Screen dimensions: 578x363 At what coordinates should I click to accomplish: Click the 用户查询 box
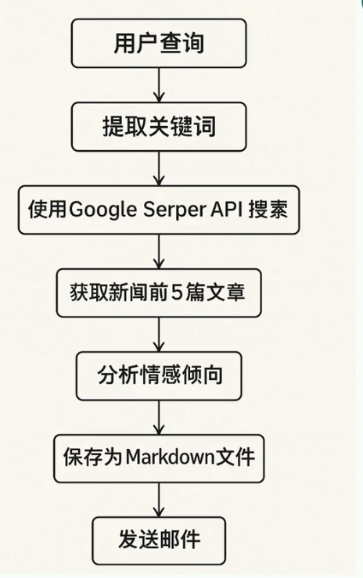[160, 42]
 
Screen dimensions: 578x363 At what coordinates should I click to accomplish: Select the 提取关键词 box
[160, 126]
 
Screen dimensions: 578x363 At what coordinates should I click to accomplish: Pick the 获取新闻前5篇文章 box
[160, 293]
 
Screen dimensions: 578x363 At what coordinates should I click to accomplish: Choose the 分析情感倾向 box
[160, 375]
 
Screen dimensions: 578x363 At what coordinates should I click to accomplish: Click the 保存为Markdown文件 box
[160, 457]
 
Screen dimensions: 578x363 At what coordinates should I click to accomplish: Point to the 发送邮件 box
[160, 539]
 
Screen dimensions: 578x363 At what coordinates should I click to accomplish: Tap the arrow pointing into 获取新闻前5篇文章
[160, 252]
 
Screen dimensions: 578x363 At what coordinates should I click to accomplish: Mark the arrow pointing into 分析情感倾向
[160, 335]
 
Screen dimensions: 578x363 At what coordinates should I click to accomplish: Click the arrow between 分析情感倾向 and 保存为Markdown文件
[160, 417]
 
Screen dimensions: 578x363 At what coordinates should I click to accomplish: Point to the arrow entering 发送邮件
[160, 499]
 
